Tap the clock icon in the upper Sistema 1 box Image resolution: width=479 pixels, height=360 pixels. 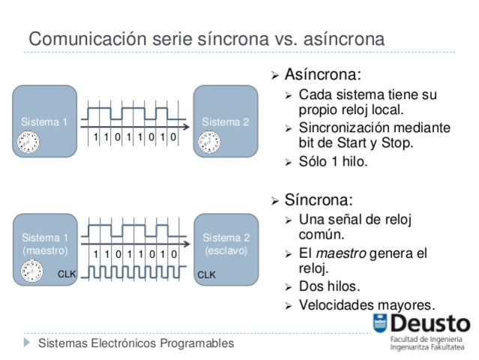click(29, 142)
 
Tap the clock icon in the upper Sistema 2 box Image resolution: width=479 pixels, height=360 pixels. click(208, 142)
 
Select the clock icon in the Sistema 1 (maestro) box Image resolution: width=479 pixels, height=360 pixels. click(31, 272)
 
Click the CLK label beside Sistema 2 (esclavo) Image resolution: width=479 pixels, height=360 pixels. click(206, 275)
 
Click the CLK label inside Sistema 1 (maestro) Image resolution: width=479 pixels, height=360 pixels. click(67, 274)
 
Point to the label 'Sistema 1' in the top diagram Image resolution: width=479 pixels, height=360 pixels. click(43, 121)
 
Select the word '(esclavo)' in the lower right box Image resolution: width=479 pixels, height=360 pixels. click(226, 250)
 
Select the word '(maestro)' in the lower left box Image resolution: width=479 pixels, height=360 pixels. click(44, 250)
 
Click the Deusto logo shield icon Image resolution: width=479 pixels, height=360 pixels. click(381, 325)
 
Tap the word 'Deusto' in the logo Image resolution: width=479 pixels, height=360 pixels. click(430, 324)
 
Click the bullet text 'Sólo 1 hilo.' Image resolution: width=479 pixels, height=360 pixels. click(333, 160)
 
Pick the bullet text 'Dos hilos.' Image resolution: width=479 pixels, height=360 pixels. click(329, 286)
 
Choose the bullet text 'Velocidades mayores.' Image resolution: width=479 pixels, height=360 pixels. click(366, 304)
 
